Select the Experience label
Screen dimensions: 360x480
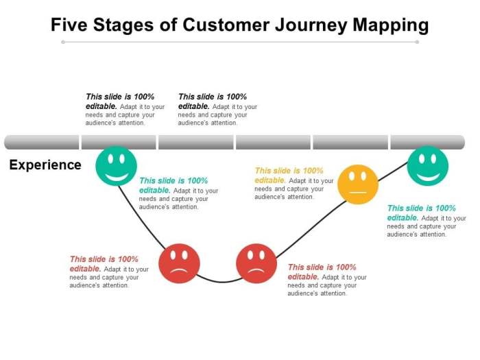click(x=45, y=165)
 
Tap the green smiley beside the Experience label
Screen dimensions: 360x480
click(x=116, y=165)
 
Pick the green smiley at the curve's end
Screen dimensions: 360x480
click(x=427, y=165)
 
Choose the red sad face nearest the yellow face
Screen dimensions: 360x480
click(x=256, y=263)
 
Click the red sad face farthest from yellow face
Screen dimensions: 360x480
click(x=179, y=263)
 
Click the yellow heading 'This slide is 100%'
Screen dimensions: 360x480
click(x=289, y=171)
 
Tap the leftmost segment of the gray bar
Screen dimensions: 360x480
click(x=42, y=142)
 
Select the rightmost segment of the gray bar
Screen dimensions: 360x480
click(x=427, y=142)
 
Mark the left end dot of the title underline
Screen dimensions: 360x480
click(x=62, y=42)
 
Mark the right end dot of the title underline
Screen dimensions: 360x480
click(x=417, y=42)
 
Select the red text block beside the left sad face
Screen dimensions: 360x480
click(x=108, y=272)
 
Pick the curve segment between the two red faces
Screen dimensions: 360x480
click(x=218, y=281)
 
